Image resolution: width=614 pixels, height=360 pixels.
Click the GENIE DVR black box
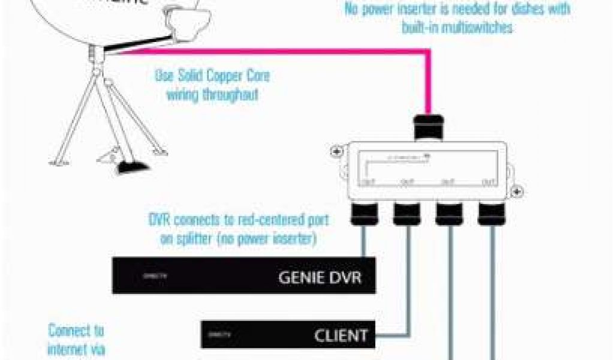click(244, 276)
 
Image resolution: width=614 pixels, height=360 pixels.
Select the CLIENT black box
click(288, 335)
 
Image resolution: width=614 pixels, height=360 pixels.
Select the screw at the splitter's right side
click(519, 192)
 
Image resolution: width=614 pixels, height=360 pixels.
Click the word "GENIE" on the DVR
click(302, 278)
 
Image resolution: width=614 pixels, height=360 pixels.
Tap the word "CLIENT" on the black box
click(340, 336)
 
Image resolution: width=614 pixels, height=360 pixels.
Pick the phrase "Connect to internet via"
click(76, 340)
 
